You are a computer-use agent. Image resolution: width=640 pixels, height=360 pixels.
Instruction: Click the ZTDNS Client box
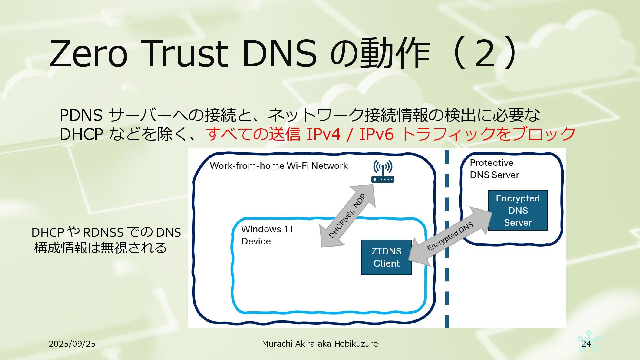point(386,257)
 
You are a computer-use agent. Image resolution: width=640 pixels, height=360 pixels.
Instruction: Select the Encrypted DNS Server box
point(518,210)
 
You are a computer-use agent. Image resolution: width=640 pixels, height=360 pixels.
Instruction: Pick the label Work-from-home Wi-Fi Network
point(279,166)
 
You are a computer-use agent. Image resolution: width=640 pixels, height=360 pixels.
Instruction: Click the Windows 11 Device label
point(267,235)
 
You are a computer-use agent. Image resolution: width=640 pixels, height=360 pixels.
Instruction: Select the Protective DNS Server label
point(494,169)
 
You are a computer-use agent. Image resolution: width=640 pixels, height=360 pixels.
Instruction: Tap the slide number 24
point(586,344)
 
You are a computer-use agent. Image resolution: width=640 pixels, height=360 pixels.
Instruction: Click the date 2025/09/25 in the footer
point(72,344)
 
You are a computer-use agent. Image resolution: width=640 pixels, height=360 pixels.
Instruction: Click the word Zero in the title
point(88,53)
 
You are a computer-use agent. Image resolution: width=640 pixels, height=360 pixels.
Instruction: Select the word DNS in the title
point(279,53)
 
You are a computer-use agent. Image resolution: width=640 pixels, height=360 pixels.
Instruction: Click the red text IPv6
point(376,134)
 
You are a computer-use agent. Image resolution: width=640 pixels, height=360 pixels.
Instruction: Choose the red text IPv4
point(323,134)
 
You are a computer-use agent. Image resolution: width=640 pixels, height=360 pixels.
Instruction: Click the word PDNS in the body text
point(81,115)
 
